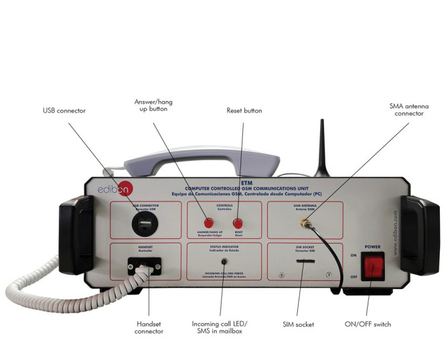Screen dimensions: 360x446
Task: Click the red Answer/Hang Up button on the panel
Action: (208, 222)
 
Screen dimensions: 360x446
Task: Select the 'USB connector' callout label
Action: (64, 110)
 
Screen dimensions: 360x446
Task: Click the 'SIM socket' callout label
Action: (297, 325)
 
